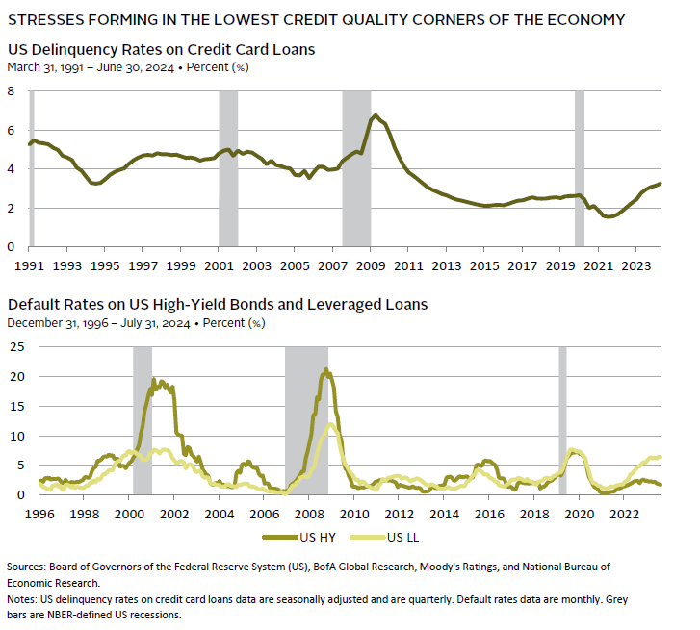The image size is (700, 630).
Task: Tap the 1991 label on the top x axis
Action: point(31,265)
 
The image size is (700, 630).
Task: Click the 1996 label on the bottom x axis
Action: point(39,514)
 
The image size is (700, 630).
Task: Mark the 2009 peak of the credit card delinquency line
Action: point(376,115)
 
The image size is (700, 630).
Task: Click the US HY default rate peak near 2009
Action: point(326,370)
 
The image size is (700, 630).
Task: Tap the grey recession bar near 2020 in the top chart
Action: point(580,168)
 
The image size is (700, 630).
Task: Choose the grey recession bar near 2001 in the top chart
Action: point(228,168)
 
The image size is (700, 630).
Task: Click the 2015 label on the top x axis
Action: point(484,265)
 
